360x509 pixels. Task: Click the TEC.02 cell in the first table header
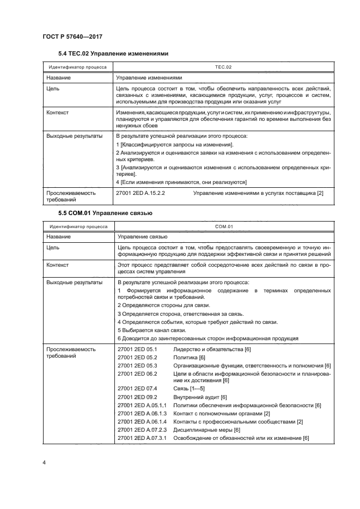coord(223,67)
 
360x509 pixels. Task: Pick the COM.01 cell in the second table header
coord(223,226)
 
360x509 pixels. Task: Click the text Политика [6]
coord(189,357)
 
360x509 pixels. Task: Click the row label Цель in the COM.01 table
coord(52,248)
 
